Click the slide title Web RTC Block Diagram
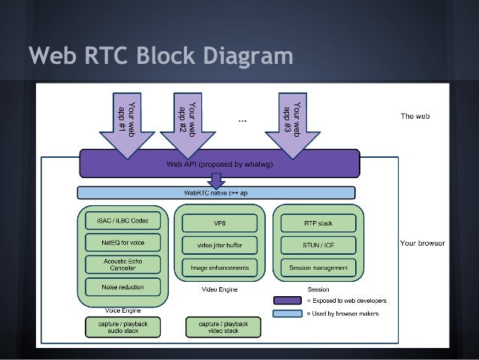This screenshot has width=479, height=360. coord(160,56)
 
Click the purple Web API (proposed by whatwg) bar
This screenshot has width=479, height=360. coord(219,163)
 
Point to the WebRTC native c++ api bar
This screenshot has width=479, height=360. coord(219,193)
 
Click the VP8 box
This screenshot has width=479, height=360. coord(219,223)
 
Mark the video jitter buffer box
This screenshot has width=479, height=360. coord(219,245)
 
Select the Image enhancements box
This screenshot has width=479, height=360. coord(219,267)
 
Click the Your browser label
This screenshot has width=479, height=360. coord(422,244)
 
